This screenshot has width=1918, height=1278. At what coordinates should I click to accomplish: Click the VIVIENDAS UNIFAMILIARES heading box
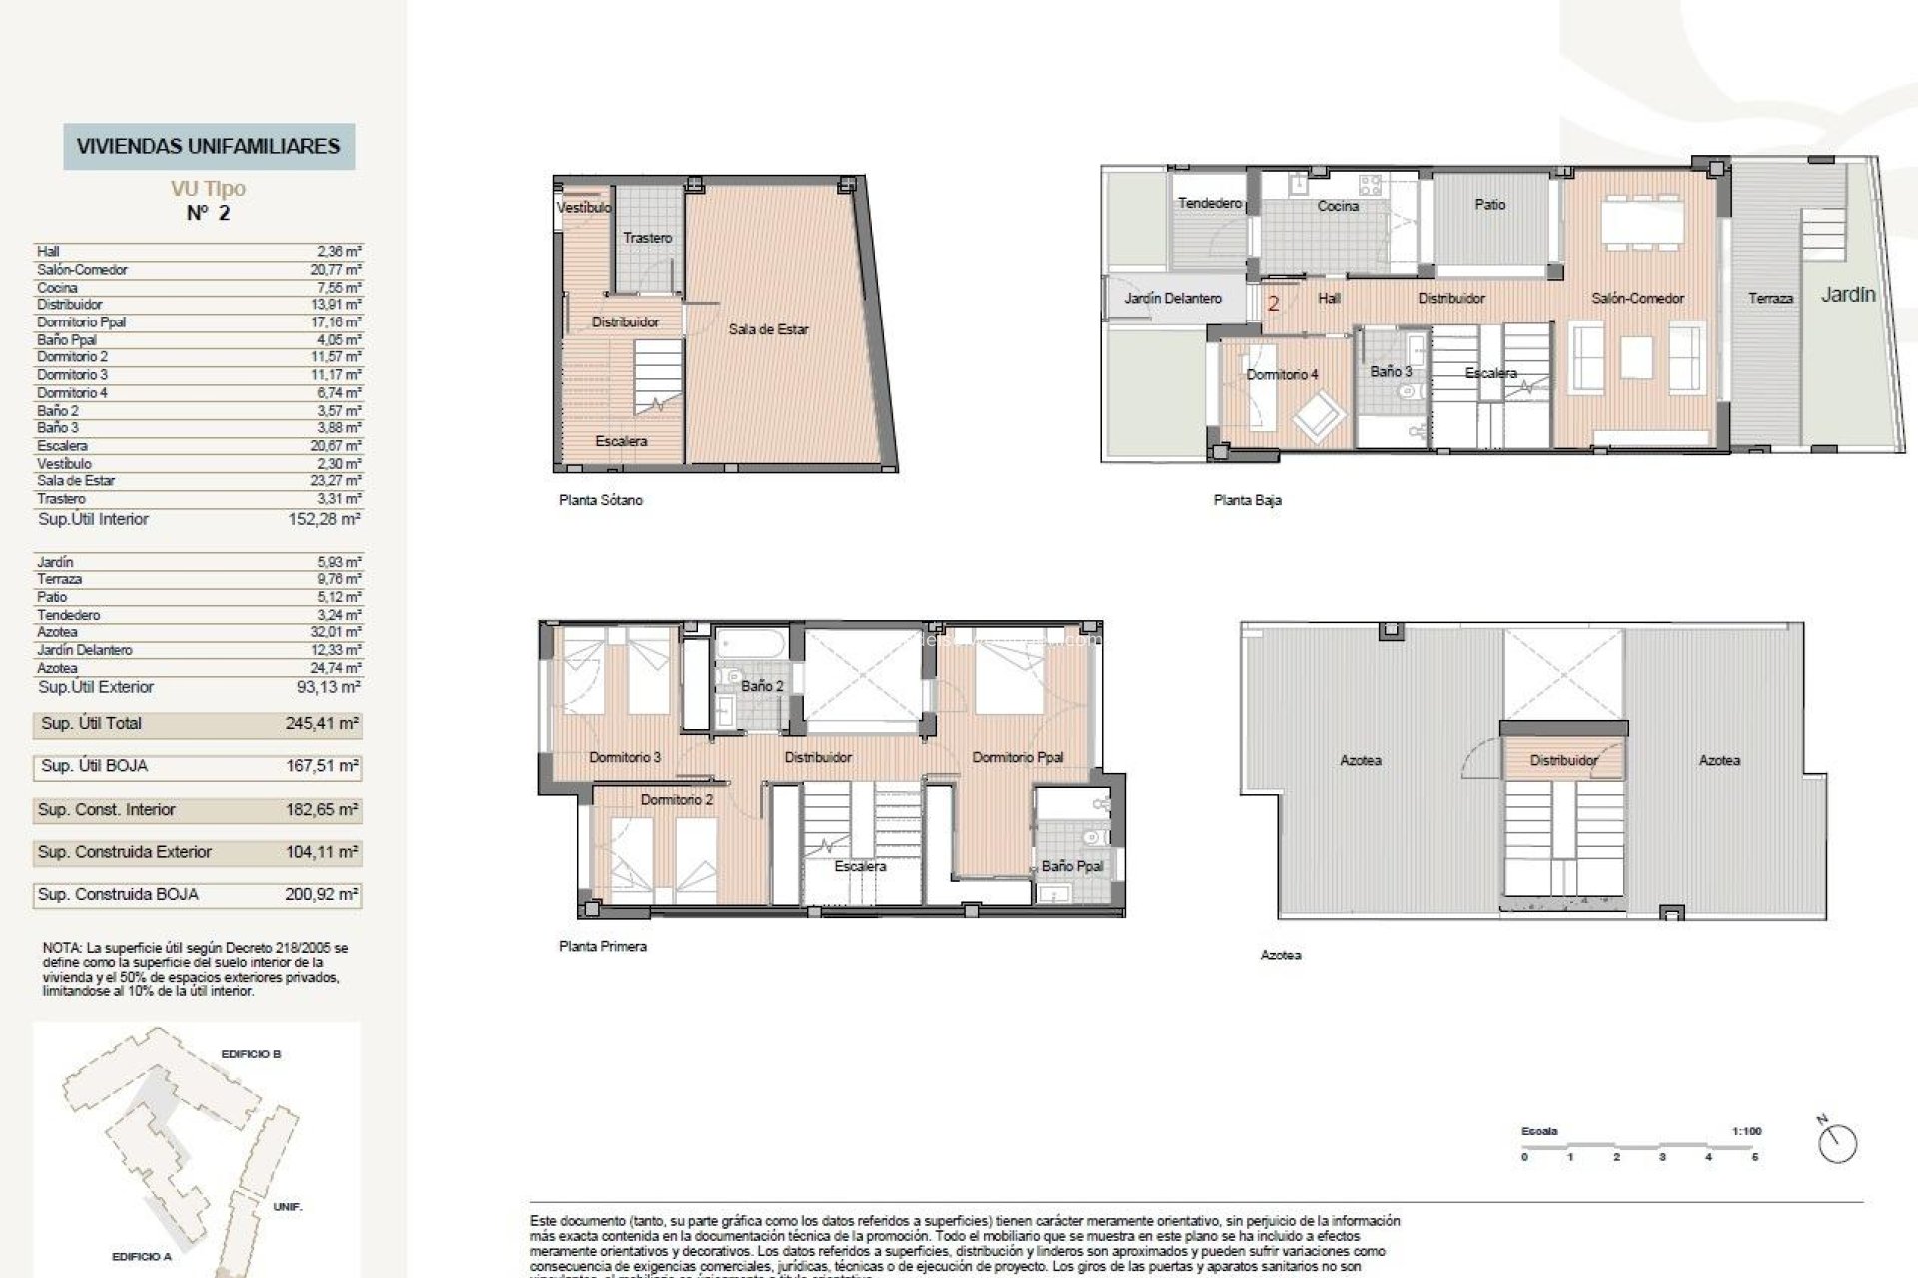point(208,146)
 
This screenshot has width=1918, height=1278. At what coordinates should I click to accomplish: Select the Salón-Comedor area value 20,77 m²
point(335,270)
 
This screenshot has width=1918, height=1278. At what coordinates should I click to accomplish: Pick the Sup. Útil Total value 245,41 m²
point(322,724)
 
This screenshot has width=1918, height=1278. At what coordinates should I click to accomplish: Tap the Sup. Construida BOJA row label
point(118,895)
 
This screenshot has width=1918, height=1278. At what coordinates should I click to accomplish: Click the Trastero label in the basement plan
point(647,238)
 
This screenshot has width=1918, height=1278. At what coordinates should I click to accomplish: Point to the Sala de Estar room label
point(768,329)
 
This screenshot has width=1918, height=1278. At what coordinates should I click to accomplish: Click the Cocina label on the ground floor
point(1337,206)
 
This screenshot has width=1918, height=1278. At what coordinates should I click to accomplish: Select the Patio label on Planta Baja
point(1489,204)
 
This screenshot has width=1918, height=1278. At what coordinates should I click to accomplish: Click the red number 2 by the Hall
point(1273,303)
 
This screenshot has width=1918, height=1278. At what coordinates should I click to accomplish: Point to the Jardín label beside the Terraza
point(1847,295)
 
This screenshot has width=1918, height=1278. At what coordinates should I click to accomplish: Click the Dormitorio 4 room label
point(1282,375)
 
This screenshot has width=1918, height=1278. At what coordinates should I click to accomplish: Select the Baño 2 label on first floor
point(762,686)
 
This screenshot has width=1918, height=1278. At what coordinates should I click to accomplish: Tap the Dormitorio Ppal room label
point(1017,757)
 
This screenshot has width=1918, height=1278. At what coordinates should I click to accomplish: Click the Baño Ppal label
point(1071,866)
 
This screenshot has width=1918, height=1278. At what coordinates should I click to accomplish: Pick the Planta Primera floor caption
point(602,946)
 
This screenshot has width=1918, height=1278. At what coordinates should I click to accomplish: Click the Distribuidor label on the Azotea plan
point(1563,761)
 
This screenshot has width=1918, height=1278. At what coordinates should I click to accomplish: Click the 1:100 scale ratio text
point(1746,1131)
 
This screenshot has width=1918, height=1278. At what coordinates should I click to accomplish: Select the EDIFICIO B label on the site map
point(251,1054)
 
